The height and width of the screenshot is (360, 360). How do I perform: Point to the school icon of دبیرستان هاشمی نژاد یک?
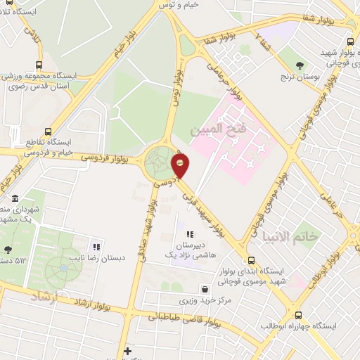pos(189,234)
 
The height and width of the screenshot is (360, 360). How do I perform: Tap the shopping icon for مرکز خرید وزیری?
pos(204,288)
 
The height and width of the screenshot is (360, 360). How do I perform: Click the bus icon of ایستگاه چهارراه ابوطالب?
pos(299,315)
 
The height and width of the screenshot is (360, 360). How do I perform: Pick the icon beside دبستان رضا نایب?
pos(96,247)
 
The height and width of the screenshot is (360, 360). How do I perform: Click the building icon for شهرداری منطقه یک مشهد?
pos(15,199)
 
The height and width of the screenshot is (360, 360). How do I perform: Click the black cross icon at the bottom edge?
pos(127,351)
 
